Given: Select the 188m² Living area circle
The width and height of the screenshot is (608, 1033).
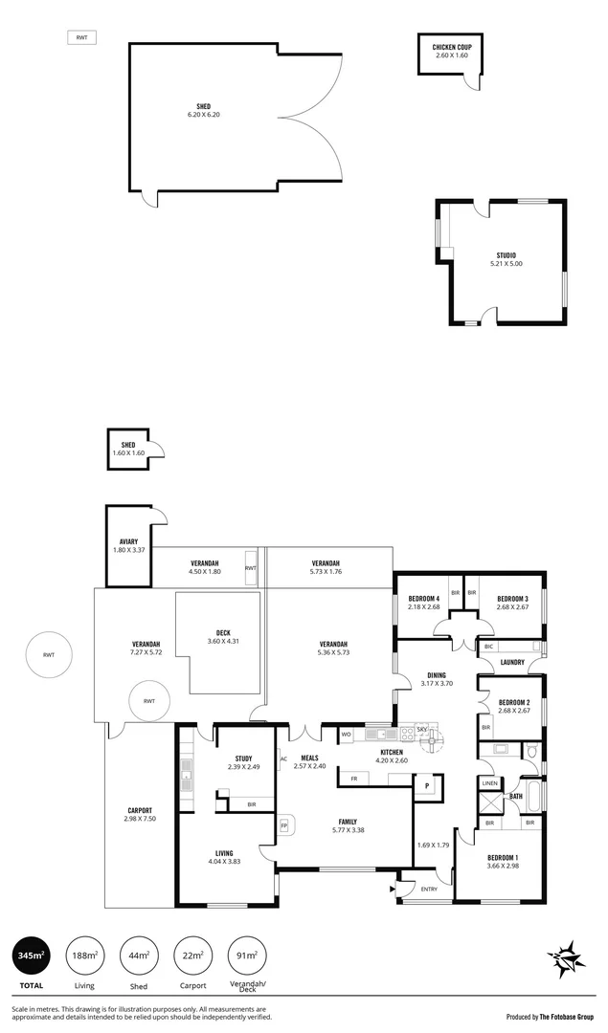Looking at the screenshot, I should point(84,955).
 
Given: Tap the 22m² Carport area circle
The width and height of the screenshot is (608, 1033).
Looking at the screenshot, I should point(192,955).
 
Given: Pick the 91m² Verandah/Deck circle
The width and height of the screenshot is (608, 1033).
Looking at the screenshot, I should point(247,955).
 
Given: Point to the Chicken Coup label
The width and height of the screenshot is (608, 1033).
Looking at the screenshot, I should point(452,51).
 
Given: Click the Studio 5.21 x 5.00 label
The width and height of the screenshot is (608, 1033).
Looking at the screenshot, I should point(507,259).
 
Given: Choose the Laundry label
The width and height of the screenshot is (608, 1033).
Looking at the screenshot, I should point(510,660).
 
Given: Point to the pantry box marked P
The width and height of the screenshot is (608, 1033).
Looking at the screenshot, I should point(427,786).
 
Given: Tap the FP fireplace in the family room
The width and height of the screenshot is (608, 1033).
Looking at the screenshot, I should point(283,824).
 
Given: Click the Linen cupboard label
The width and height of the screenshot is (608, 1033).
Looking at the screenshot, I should point(489,783).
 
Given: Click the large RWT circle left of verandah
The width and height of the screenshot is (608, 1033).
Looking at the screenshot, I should point(49,655).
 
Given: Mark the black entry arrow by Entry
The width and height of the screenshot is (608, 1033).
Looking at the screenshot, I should point(392,889).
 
